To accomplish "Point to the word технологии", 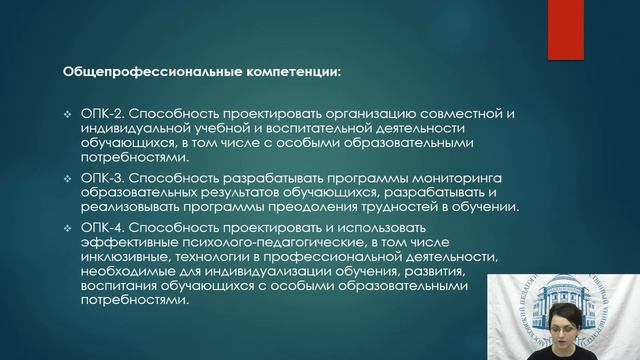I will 233,256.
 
